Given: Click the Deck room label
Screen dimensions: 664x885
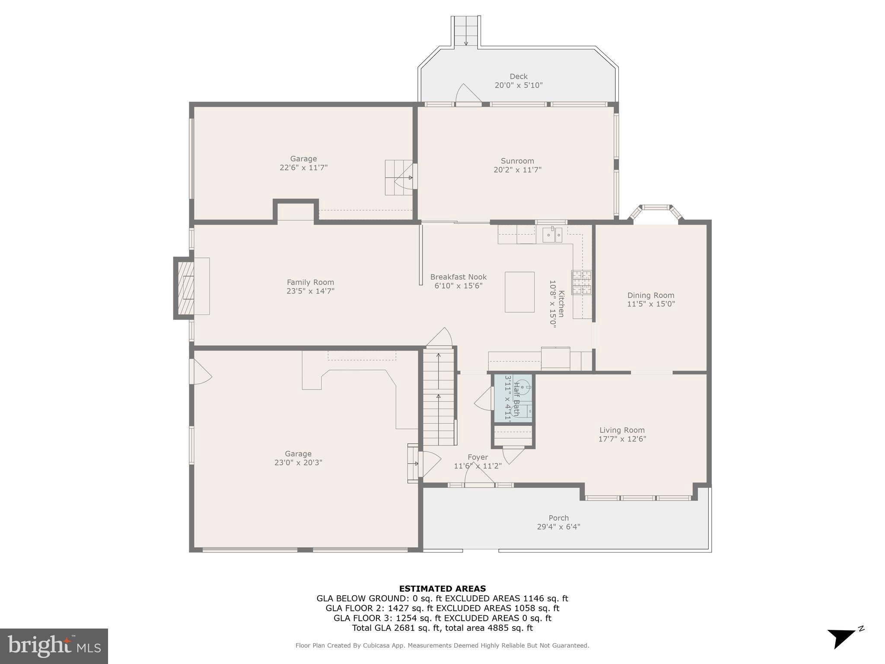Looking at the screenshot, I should pos(518,77).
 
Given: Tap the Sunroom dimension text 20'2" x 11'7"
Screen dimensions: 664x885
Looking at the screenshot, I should pos(517,170).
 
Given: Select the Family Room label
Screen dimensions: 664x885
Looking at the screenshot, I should pos(310,282).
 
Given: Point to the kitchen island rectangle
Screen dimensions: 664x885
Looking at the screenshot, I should pos(519,292).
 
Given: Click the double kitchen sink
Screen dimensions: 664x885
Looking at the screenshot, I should pos(552,236).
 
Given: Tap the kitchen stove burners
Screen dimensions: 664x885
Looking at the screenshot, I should pos(581,282).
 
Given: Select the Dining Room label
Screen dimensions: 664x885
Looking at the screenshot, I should pos(651,295).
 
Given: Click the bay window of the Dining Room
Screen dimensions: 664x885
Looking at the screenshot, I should pos(656,213).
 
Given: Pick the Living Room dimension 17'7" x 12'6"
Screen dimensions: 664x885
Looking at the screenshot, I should pos(622,439).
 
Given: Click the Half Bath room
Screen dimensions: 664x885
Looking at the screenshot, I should pos(513,398).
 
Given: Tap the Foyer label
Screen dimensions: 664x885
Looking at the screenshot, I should pos(478,457).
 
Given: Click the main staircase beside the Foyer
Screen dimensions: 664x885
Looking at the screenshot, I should pos(439,398).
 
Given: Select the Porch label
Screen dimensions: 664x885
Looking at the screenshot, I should pos(558,518).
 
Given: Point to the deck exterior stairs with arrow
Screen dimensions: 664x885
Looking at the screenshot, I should pos(466,31).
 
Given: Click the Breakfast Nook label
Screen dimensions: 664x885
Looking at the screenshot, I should pos(458,277).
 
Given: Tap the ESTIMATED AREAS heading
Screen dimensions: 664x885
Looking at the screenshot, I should pos(442,588).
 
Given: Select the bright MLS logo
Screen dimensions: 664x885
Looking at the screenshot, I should pos(54,646).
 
